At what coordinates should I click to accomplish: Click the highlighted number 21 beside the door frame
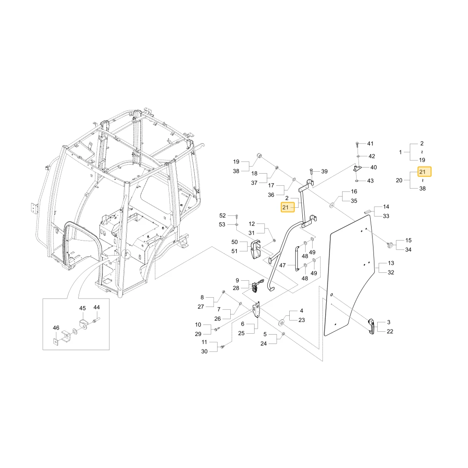[x=285, y=207]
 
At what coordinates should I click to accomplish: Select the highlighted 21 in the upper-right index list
[x=422, y=172]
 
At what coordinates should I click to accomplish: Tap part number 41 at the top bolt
[x=370, y=144]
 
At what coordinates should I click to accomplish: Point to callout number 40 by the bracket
[x=373, y=168]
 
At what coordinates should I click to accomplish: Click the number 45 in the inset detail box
[x=82, y=308]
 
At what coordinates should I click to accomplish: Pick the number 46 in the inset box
[x=56, y=328]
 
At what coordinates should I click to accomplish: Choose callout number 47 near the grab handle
[x=282, y=265]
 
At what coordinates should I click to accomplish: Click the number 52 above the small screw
[x=222, y=215]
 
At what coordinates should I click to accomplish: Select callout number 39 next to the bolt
[x=324, y=171]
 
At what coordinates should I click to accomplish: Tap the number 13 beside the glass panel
[x=391, y=263]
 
